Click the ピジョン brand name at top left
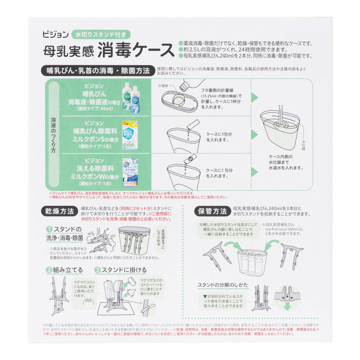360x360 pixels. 54,35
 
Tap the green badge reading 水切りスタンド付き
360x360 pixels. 100,35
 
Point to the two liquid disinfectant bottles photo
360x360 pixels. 133,96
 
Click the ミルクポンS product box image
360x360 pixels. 131,134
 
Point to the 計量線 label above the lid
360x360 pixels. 164,86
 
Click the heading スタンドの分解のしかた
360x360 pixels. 222,285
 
